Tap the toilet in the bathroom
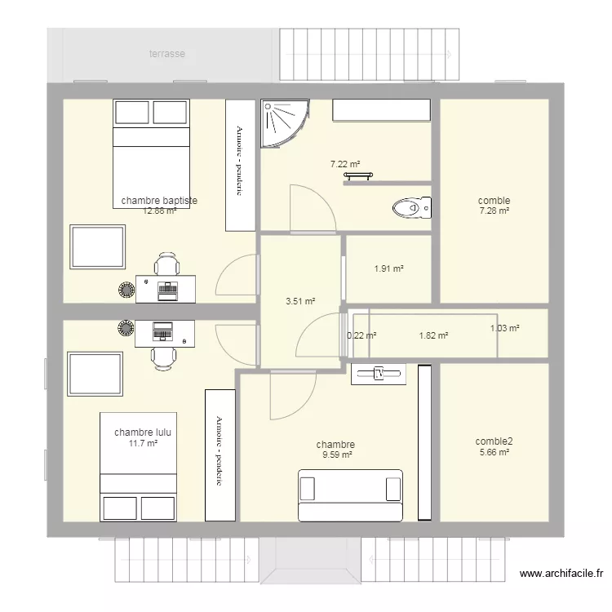click(411, 209)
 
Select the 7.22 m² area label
click(345, 164)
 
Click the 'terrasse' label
click(166, 54)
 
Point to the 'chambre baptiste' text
click(159, 200)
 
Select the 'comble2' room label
click(494, 441)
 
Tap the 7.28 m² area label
click(494, 211)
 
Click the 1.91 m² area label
click(389, 268)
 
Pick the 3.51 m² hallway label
click(300, 301)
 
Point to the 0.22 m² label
click(361, 335)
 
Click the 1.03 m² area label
click(504, 329)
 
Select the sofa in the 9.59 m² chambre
click(350, 494)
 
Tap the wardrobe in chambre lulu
click(220, 455)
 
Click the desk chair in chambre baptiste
click(167, 265)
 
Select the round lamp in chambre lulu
click(126, 328)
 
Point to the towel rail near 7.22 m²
click(358, 175)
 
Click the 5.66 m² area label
click(494, 452)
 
